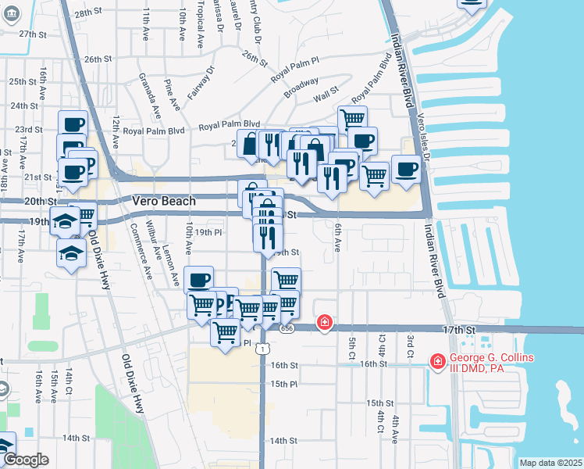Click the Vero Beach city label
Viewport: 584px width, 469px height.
tap(164, 200)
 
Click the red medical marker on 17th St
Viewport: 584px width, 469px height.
tap(323, 322)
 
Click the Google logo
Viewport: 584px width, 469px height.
tap(25, 460)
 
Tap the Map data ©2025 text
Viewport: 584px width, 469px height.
tap(550, 463)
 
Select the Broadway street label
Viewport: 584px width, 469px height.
tap(301, 86)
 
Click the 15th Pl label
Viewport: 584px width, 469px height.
tap(284, 384)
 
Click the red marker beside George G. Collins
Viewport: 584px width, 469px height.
tap(436, 360)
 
